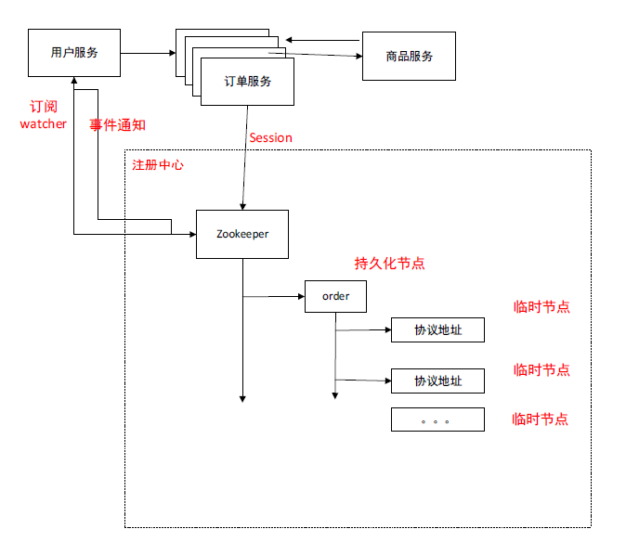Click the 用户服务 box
(74, 53)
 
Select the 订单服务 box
(248, 82)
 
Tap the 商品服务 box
(409, 56)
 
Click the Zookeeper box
(242, 234)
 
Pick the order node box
(335, 296)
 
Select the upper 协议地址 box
(437, 329)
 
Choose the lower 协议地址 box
(437, 381)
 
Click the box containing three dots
(437, 419)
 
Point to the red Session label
(270, 137)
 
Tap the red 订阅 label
(43, 107)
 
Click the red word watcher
(43, 123)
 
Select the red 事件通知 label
(118, 124)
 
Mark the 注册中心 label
(158, 165)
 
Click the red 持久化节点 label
(390, 263)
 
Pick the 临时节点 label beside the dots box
(541, 419)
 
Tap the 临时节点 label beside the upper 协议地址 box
(541, 307)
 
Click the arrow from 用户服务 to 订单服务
(149, 53)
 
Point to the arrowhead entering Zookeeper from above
(242, 205)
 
